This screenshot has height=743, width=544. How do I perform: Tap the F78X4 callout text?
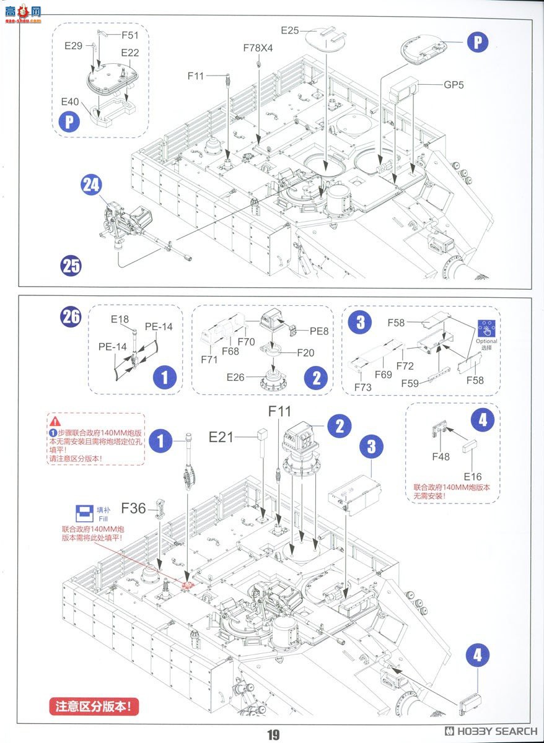coord(257,48)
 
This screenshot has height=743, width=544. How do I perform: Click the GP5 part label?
coord(453,84)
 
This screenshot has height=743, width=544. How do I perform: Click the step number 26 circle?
coord(71,316)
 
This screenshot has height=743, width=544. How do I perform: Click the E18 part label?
coord(120,319)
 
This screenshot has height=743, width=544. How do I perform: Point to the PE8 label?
coord(319,331)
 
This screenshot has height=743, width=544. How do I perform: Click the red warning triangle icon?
coord(56,422)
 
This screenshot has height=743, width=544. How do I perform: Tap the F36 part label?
coord(134,508)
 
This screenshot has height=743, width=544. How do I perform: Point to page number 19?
coord(273,735)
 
